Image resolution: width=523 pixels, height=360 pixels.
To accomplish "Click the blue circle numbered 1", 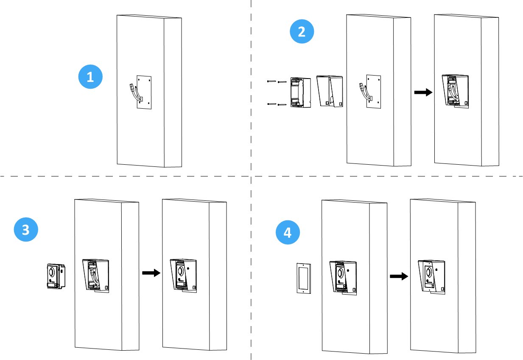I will pyautogui.click(x=90, y=77).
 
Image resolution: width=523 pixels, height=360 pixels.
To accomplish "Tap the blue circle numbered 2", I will pyautogui.click(x=302, y=32).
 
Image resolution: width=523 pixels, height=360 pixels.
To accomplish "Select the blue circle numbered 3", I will pyautogui.click(x=26, y=230).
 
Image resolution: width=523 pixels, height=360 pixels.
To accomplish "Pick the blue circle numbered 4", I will pyautogui.click(x=288, y=233).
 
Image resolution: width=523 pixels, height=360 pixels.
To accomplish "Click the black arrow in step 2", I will pyautogui.click(x=422, y=93).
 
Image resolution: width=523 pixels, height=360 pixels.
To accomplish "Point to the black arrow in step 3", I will pyautogui.click(x=151, y=273).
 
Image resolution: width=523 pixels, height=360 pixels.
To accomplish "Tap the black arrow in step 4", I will pyautogui.click(x=399, y=276).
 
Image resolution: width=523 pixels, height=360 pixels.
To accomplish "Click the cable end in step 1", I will pyautogui.click(x=131, y=87).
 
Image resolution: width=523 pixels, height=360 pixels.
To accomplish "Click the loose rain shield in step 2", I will pyautogui.click(x=330, y=90).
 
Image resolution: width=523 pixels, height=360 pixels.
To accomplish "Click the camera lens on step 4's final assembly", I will pyautogui.click(x=428, y=270).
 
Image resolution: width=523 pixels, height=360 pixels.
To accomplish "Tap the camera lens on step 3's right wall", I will pyautogui.click(x=181, y=270).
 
